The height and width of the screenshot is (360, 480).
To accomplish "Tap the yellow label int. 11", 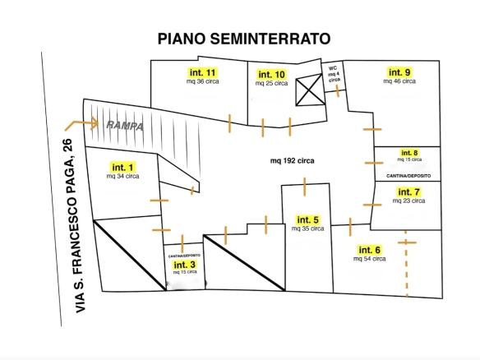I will click(196, 72).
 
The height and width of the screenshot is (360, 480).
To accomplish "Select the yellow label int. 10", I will click(271, 74).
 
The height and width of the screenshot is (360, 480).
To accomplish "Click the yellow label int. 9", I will click(400, 72).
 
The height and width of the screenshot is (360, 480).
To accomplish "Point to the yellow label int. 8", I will click(409, 153).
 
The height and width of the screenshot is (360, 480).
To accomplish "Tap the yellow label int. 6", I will click(369, 250).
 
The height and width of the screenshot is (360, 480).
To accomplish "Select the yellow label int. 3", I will click(184, 265).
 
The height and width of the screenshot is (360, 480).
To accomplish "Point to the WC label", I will click(333, 69).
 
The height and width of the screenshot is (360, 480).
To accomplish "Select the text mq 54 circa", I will click(369, 259).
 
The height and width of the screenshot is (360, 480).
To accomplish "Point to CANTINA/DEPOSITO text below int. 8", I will click(408, 176).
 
